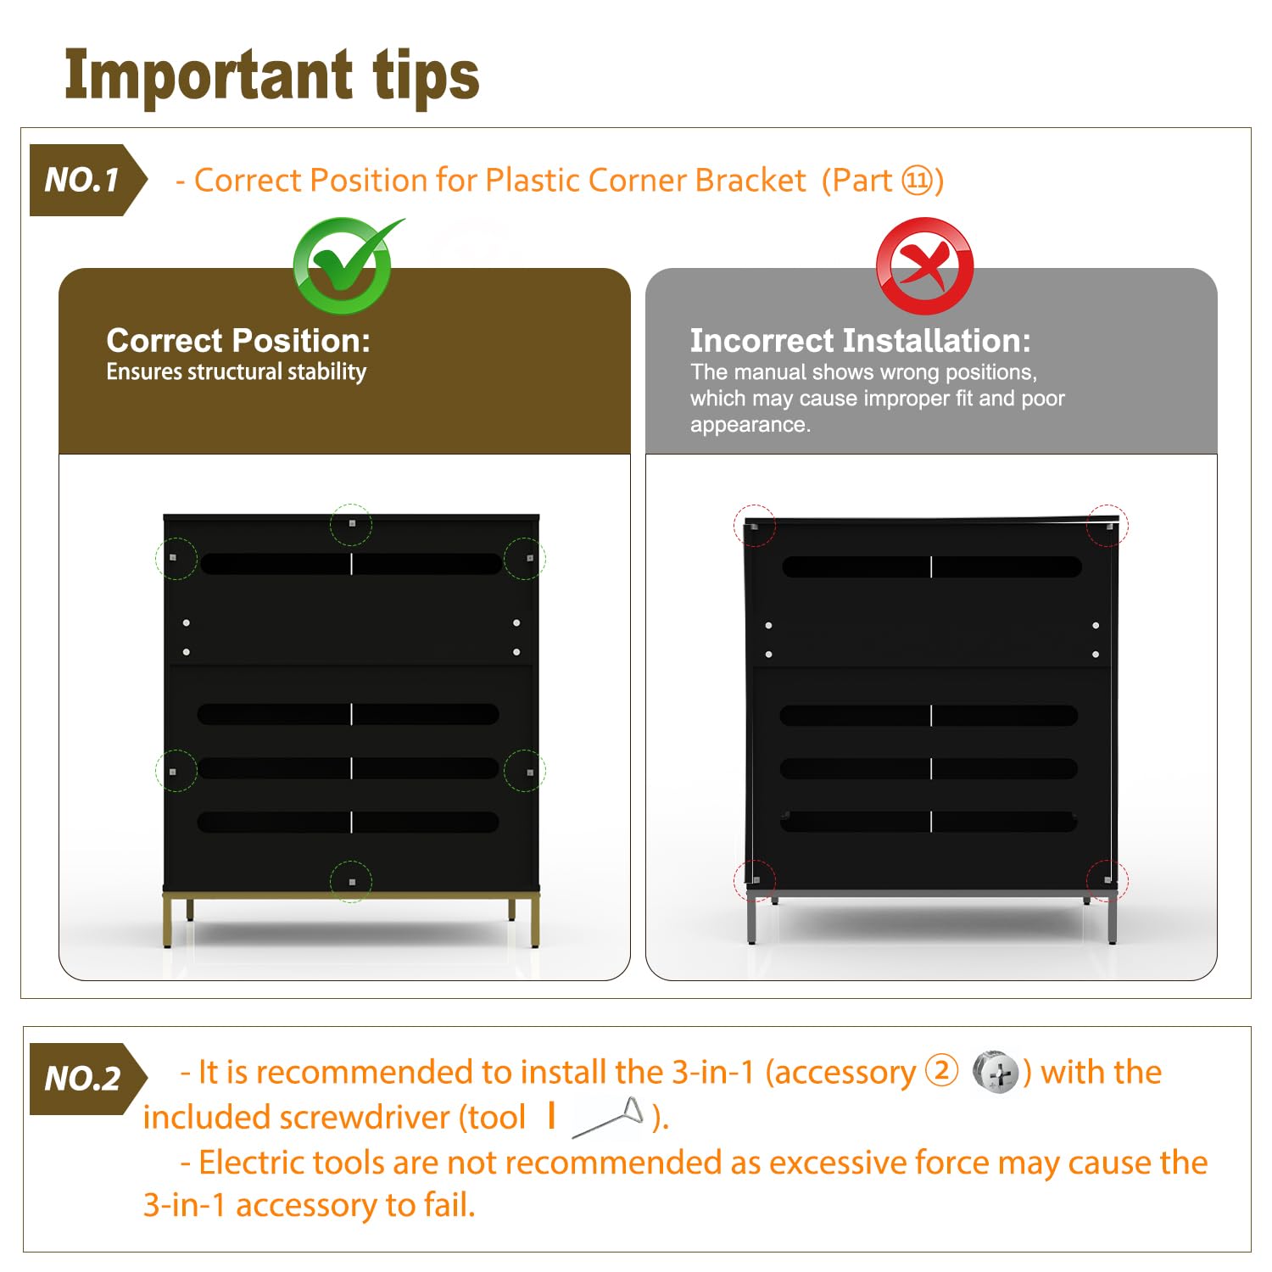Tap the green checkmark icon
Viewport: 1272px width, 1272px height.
coord(346,265)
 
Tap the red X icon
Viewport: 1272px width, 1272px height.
coord(924,265)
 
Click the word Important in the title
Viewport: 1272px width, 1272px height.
coord(209,76)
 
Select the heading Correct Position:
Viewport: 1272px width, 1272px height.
coord(238,340)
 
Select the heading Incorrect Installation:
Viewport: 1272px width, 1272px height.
coord(860,340)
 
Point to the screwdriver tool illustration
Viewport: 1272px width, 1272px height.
coord(608,1118)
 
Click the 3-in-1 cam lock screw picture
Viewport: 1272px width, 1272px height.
coord(995,1073)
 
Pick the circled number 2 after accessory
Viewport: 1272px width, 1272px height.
coord(941,1071)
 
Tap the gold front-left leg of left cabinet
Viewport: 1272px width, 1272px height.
coord(167,920)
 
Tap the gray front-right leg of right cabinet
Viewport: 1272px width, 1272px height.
coord(1112,920)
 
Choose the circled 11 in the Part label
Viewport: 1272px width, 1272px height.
coord(918,181)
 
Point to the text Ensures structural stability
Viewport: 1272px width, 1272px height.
coord(237,371)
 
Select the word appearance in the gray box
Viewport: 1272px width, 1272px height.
coord(750,425)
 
